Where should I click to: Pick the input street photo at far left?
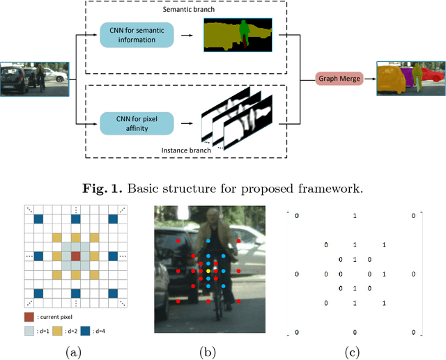(34, 79)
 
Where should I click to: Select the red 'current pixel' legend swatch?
(29, 318)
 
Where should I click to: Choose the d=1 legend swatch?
(29, 331)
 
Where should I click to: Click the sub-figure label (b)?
(208, 352)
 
